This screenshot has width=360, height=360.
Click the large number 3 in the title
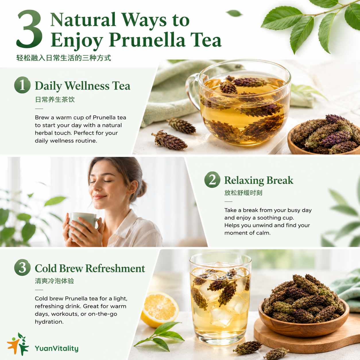(30, 29)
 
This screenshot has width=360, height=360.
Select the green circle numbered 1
(22, 85)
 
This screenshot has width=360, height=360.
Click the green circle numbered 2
(212, 179)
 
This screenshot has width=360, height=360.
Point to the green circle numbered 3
(22, 267)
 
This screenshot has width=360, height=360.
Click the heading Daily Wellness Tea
(83, 86)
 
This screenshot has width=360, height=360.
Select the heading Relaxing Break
(259, 181)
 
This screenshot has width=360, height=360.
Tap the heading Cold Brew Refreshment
(90, 268)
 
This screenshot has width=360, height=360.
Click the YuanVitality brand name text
(57, 349)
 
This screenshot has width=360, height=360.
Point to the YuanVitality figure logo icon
(18, 344)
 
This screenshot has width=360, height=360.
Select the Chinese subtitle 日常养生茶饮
(55, 99)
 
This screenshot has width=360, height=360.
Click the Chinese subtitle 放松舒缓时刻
(243, 193)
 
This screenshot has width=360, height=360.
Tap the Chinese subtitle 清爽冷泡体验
(54, 281)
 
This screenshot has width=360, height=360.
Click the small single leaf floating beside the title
(234, 13)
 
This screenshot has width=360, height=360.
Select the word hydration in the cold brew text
(49, 322)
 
